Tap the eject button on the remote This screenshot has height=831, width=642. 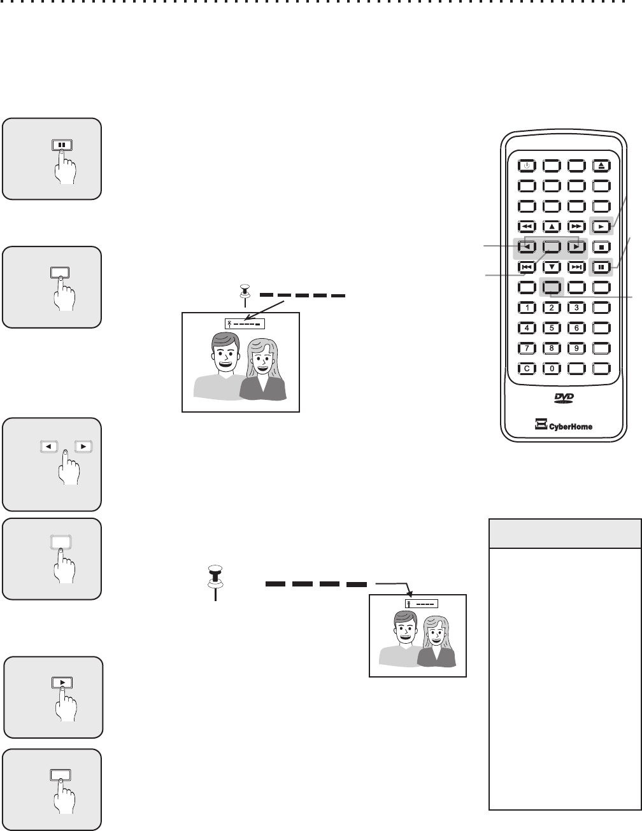coord(602,166)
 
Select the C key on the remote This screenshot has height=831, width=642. coord(527,368)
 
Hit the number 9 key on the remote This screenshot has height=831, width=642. coord(576,348)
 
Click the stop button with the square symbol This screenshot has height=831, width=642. coord(601,246)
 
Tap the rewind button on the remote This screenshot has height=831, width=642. coord(527,226)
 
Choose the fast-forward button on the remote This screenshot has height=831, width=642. coord(576,226)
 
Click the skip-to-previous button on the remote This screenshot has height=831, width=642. coord(527,267)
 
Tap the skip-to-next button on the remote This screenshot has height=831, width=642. coord(576,267)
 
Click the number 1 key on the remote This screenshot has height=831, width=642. coord(527,308)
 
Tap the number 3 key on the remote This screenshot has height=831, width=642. coord(576,308)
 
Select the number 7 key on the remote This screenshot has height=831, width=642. coord(527,348)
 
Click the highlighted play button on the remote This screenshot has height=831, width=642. coord(601,225)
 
